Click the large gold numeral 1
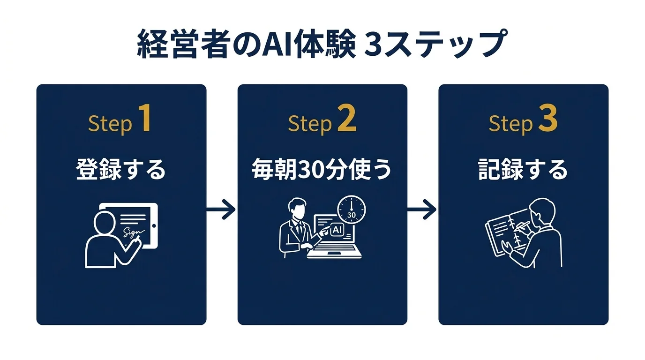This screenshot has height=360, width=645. [145, 120]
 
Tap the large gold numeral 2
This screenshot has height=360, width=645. [346, 120]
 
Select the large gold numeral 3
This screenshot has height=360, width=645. [547, 120]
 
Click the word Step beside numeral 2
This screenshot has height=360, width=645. [310, 124]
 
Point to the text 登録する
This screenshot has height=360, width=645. [121, 170]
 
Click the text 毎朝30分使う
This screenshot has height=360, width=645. [322, 170]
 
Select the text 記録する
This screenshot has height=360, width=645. [523, 170]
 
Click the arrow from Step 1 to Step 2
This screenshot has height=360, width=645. [221, 209]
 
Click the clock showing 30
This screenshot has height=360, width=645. [352, 209]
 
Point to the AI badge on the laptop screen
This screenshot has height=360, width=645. [337, 230]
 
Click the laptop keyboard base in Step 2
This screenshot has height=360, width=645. [334, 254]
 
